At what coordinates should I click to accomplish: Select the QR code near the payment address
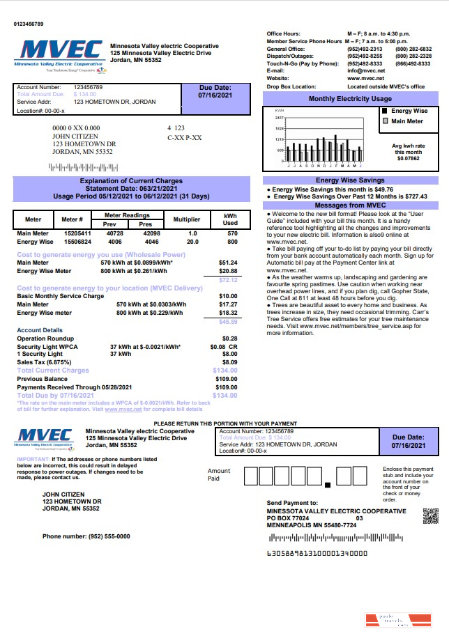pos(431,516)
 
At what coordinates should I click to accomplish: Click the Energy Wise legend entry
pos(409,111)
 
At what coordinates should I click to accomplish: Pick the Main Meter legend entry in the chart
pos(407,121)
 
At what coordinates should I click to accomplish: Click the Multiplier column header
pos(187,219)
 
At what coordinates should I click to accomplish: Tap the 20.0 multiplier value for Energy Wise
pos(192,242)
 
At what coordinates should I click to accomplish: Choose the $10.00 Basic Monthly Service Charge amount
pos(228,297)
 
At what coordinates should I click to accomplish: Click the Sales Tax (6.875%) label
pos(45,362)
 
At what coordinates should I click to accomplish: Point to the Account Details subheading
pos(40,330)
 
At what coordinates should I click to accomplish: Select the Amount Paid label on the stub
pos(218,475)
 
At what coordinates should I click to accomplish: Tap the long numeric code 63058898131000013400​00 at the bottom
pos(317,554)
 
